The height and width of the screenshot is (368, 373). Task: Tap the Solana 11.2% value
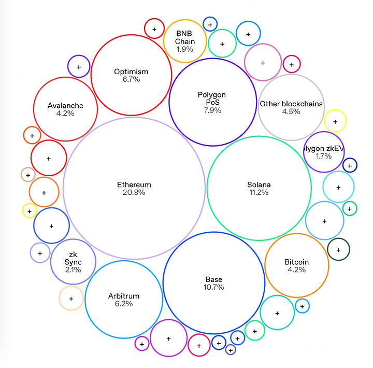click(x=259, y=193)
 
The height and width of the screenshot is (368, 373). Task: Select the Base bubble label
click(x=213, y=280)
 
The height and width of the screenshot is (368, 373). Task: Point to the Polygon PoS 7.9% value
click(x=213, y=110)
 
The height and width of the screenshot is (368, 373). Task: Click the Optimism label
click(x=131, y=72)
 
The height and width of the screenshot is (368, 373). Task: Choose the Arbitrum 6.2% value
click(x=124, y=304)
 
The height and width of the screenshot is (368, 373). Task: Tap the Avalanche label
click(x=65, y=106)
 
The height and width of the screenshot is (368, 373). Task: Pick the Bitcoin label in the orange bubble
click(x=297, y=262)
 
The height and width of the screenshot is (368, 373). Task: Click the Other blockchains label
click(x=291, y=104)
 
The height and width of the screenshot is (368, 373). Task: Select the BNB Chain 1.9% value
click(x=185, y=49)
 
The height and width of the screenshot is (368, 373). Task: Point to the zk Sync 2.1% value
click(x=74, y=269)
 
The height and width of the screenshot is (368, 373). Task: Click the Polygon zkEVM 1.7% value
click(x=324, y=156)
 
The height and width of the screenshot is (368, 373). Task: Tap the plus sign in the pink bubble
click(x=263, y=63)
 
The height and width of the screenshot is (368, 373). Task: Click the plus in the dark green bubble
click(x=338, y=250)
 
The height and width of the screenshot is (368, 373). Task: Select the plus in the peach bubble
click(x=71, y=299)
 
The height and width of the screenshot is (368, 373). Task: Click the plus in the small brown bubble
click(x=27, y=175)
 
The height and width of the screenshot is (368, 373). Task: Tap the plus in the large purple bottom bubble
click(x=168, y=338)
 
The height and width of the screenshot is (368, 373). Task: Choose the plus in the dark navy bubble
click(x=350, y=166)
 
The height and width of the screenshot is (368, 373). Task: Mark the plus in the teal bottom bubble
click(x=277, y=313)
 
